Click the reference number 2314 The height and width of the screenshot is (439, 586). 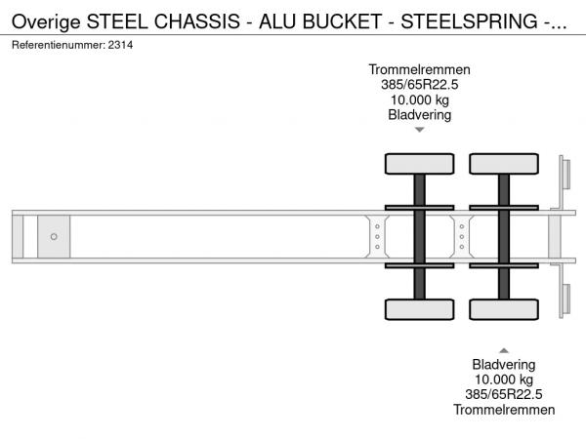(120, 45)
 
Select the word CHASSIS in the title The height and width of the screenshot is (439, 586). (197, 21)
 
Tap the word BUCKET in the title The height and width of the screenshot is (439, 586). (342, 21)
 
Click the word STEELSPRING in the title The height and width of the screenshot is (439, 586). (470, 21)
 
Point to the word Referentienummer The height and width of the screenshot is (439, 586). (59, 45)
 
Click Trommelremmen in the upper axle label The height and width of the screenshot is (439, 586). (419, 70)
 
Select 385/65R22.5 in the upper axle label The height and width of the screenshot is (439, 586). (419, 85)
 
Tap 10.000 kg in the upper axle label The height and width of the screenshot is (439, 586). (419, 100)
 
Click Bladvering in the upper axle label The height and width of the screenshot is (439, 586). (419, 115)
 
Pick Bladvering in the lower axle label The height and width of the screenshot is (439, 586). (504, 365)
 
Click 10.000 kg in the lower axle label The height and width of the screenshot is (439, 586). (504, 379)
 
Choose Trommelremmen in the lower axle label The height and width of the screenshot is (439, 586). (504, 410)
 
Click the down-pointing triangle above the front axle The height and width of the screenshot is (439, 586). (420, 130)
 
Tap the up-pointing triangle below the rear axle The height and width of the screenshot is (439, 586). (504, 350)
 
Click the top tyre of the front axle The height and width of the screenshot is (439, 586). (420, 164)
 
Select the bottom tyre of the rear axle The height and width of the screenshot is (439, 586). (504, 309)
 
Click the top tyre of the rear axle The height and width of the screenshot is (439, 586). (504, 164)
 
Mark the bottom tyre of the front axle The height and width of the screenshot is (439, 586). (420, 309)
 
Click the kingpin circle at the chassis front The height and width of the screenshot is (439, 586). (54, 237)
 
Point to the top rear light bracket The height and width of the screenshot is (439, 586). (565, 174)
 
